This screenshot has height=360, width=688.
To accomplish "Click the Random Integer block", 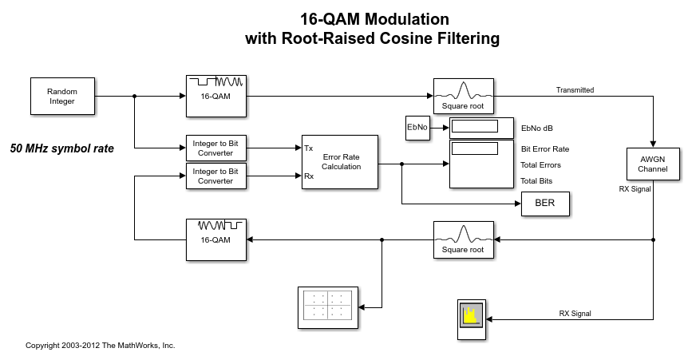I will pyautogui.click(x=61, y=97).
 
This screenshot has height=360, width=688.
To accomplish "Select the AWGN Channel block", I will pyautogui.click(x=652, y=164).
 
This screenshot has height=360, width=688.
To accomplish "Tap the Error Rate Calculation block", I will pyautogui.click(x=340, y=161).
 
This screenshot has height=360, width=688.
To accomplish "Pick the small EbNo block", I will pyautogui.click(x=417, y=128).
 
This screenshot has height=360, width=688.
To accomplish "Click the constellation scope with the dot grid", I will pyautogui.click(x=327, y=306).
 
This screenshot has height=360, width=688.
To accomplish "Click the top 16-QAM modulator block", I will pyautogui.click(x=215, y=96).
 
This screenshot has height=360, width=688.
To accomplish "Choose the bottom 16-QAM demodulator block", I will pyautogui.click(x=215, y=239).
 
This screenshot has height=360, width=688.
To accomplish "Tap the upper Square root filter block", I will pyautogui.click(x=463, y=97).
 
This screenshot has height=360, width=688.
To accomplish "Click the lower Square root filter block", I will pyautogui.click(x=463, y=240).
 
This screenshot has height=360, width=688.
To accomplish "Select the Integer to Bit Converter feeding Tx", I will pyautogui.click(x=215, y=148).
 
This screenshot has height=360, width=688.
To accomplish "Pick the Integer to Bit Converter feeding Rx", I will pyautogui.click(x=215, y=176).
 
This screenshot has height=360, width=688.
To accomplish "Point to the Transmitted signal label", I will pyautogui.click(x=575, y=90).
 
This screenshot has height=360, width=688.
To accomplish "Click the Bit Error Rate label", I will pyautogui.click(x=544, y=148).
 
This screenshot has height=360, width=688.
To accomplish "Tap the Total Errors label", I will pyautogui.click(x=540, y=164).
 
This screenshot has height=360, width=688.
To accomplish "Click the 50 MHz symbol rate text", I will pyautogui.click(x=61, y=148).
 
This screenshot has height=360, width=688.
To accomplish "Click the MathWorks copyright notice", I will pyautogui.click(x=100, y=346).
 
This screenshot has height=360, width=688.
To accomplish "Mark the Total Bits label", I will pyautogui.click(x=536, y=180).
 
